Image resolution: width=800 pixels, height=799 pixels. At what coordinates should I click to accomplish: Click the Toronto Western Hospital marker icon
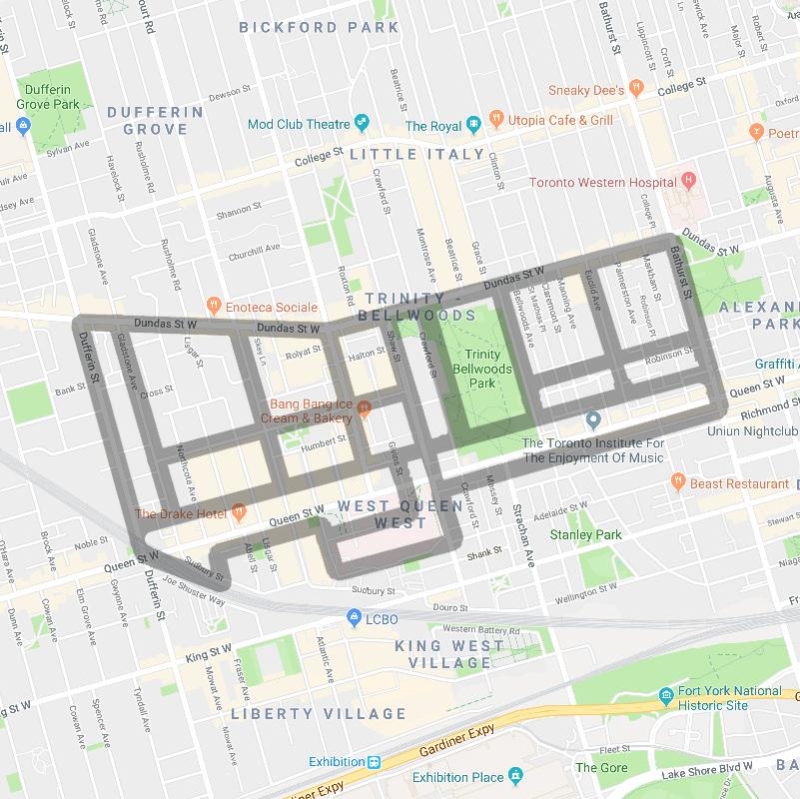[x=687, y=182]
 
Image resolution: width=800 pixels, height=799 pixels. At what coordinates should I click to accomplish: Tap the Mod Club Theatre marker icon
[x=362, y=124]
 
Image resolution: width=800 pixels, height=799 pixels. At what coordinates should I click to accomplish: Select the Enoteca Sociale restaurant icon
[x=212, y=306]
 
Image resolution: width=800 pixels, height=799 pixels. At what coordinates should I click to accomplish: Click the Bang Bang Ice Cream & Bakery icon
[x=365, y=405]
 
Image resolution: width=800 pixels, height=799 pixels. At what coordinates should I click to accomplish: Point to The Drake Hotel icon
[x=239, y=513]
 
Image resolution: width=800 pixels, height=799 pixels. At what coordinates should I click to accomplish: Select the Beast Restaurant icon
[x=678, y=482]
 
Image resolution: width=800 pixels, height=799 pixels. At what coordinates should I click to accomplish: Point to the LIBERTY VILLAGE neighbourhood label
[x=319, y=713]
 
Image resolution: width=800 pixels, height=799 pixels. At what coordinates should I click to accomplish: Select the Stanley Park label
[x=585, y=534]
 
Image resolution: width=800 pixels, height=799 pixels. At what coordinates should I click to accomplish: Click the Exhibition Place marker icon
[x=515, y=776]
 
